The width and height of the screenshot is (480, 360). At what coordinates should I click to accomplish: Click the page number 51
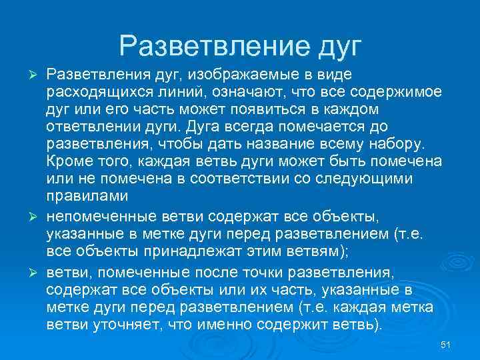pos(447,344)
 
